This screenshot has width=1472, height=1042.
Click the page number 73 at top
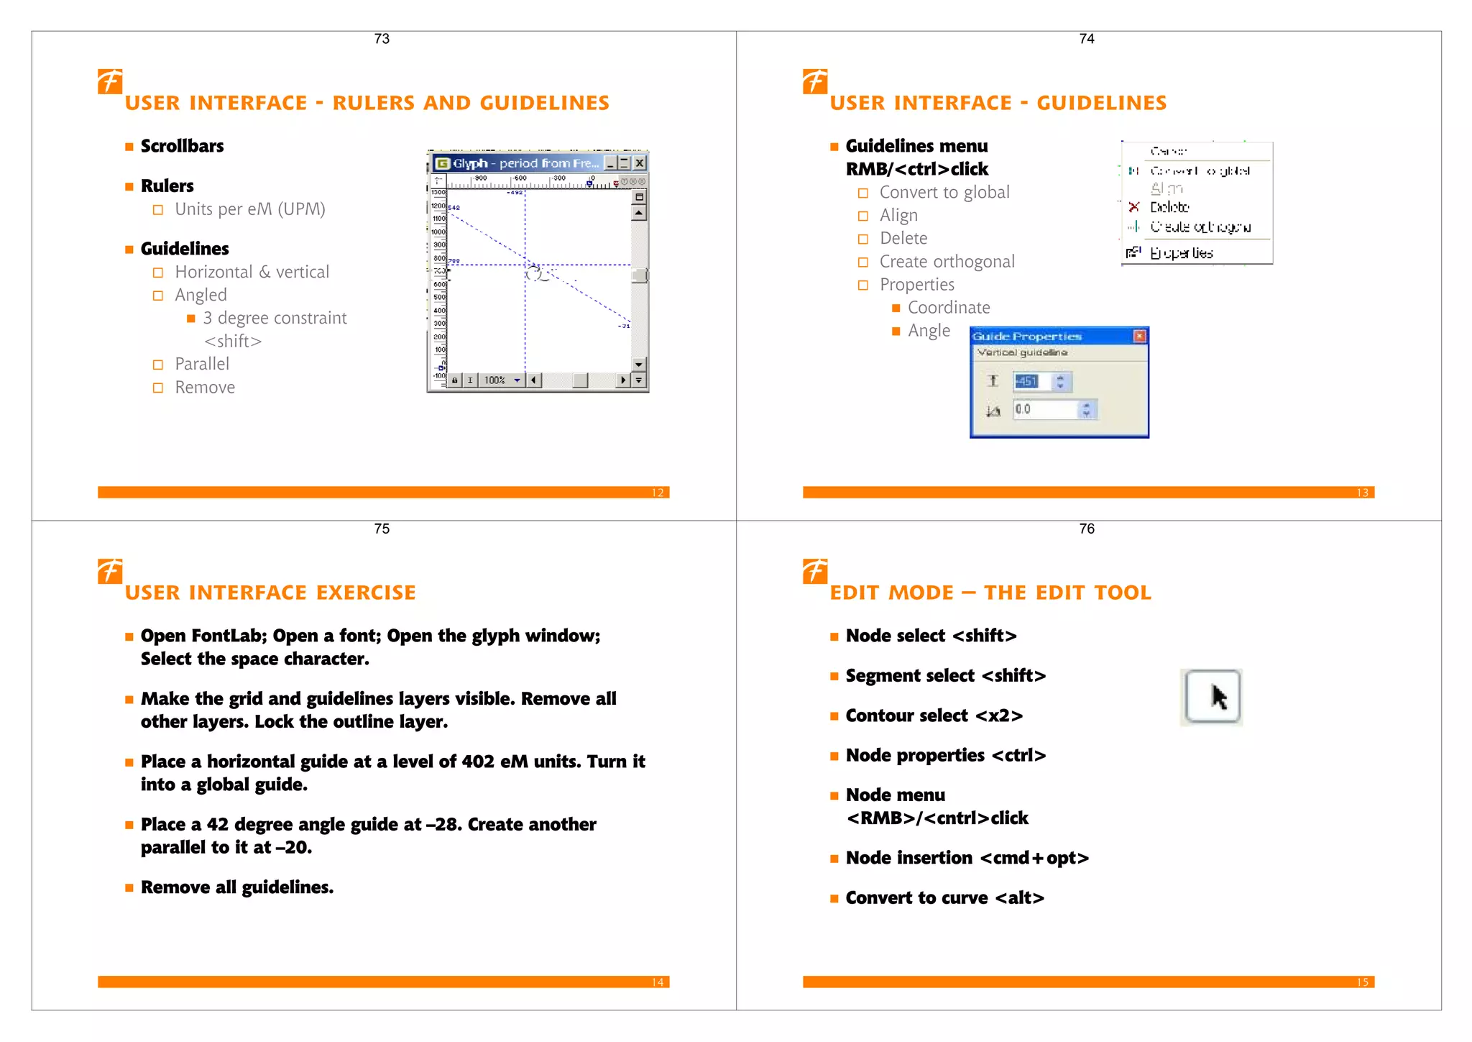(x=382, y=39)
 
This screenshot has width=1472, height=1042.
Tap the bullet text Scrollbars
(x=182, y=146)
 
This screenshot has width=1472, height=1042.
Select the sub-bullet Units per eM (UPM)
(x=249, y=209)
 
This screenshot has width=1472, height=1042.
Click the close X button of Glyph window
(x=639, y=163)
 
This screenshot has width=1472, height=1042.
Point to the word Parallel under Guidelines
(x=202, y=364)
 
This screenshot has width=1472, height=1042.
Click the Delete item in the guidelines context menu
(x=1169, y=207)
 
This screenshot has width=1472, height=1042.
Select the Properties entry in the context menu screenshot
(x=1181, y=252)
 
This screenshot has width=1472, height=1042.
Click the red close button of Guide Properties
(x=1139, y=336)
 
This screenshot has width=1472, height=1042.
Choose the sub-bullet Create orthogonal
(x=947, y=261)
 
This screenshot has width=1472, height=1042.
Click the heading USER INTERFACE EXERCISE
(x=270, y=593)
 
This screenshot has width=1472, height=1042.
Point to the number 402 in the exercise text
(x=477, y=762)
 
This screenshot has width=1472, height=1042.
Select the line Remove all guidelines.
(x=237, y=887)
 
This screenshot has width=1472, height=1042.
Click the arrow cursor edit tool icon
(x=1212, y=696)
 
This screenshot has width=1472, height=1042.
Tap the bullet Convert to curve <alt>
(x=944, y=897)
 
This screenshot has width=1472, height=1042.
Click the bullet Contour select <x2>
(x=934, y=716)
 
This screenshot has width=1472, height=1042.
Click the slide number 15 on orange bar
(x=1362, y=982)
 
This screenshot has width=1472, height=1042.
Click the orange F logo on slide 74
(x=815, y=81)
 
